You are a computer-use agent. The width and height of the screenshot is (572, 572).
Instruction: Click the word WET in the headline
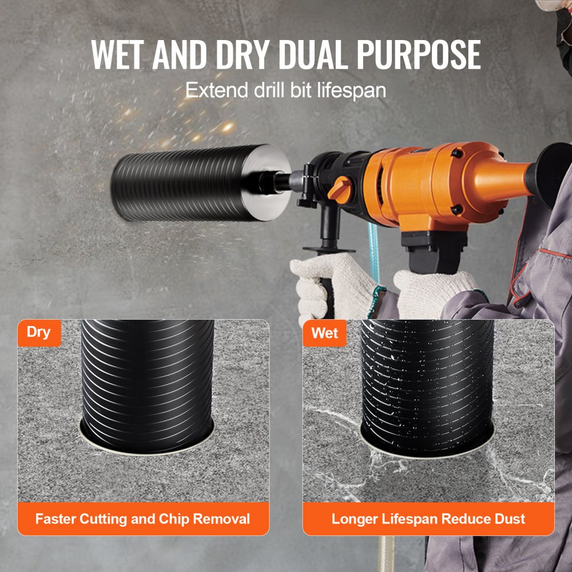click(122, 55)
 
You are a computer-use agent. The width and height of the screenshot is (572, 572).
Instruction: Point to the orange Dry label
click(39, 332)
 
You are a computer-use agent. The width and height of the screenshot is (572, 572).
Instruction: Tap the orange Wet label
click(324, 333)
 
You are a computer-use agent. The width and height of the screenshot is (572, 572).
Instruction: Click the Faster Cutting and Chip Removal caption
click(143, 519)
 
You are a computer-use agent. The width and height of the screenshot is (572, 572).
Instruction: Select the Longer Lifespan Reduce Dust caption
click(428, 519)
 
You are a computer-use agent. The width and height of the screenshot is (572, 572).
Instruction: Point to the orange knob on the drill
click(340, 187)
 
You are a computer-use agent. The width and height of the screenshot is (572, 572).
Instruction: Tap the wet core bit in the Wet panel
click(427, 378)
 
